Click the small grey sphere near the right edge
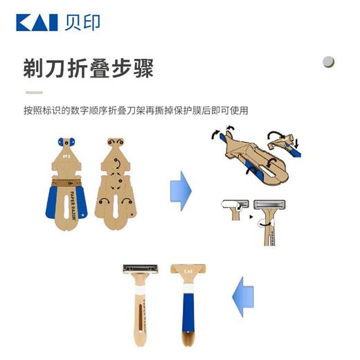point(329,62)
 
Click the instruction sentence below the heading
point(134,111)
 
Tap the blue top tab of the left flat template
point(68,143)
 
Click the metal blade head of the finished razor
point(141,268)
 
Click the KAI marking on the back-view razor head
point(188,269)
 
